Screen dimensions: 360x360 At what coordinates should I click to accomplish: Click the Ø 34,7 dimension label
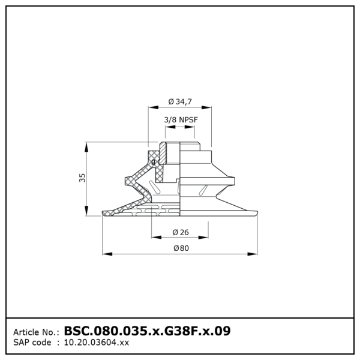click(x=180, y=101)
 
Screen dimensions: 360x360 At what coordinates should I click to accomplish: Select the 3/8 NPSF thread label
click(x=181, y=119)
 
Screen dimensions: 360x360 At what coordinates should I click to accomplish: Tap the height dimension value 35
click(x=82, y=178)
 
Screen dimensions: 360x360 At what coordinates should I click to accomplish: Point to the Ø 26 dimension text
click(x=181, y=232)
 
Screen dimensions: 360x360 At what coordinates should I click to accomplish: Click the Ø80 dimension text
click(x=181, y=248)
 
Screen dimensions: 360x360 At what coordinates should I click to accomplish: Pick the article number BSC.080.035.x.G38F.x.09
click(x=147, y=331)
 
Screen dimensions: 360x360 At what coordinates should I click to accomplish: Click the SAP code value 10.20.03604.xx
click(x=97, y=343)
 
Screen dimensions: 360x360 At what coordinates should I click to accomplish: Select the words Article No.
click(x=35, y=332)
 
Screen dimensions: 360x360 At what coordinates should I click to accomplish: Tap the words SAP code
click(x=32, y=343)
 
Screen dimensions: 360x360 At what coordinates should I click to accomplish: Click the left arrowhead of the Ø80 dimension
click(x=107, y=254)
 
